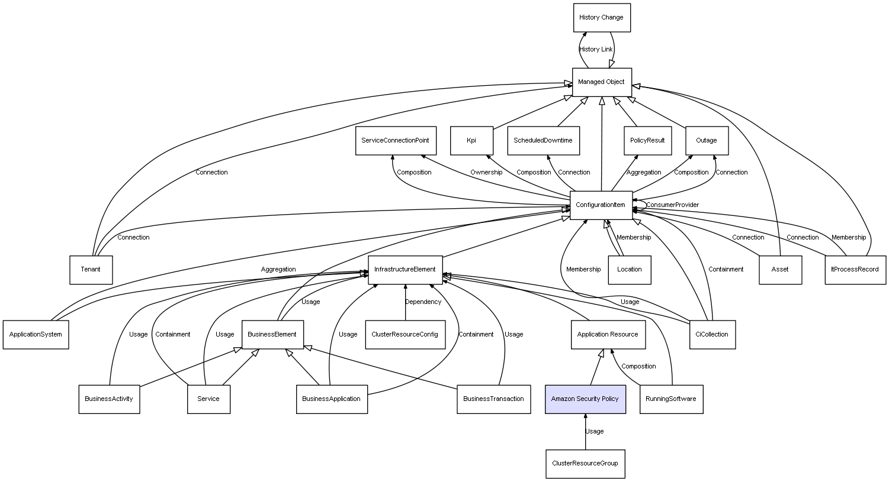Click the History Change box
pos(601,18)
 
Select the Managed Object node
pos(601,82)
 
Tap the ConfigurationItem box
pos(601,205)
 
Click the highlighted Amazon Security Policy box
pos(585,399)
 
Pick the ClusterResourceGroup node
pos(585,464)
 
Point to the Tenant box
pos(91,270)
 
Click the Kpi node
pos(471,141)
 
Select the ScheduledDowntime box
pos(543,141)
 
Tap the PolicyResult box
pos(647,141)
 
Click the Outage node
pos(707,141)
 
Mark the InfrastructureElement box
pos(405,270)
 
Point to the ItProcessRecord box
pos(855,270)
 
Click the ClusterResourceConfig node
pos(405,335)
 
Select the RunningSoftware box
pos(671,399)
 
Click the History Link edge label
pos(596,50)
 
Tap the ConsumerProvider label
pos(672,205)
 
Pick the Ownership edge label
pos(486,173)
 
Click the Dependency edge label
pos(423,302)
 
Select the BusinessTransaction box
pos(493,399)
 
